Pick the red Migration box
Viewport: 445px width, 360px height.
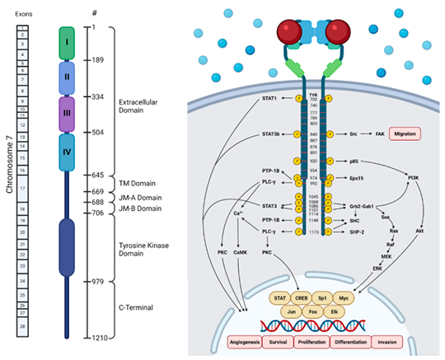pyautogui.click(x=405, y=133)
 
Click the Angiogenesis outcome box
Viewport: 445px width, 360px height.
pyautogui.click(x=252, y=341)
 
